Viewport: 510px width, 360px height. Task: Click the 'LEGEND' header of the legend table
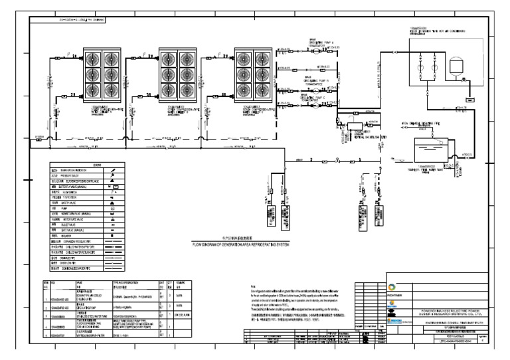(98, 165)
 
